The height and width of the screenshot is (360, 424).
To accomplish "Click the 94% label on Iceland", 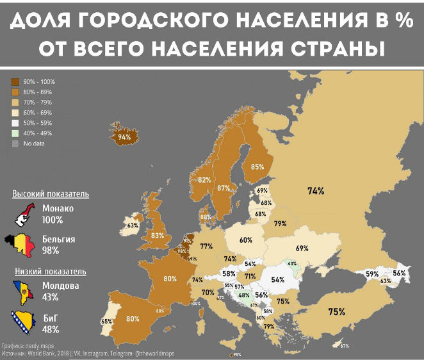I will point(124,137).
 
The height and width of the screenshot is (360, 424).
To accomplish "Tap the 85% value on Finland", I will point(257,167).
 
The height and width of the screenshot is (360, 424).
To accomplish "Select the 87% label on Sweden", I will point(224,188).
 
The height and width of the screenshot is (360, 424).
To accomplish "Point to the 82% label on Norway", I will point(204,180).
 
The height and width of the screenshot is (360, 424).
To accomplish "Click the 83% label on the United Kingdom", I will point(158,236).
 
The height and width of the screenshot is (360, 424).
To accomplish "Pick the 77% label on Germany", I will point(206,247).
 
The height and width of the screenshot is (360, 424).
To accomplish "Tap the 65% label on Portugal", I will point(106,321).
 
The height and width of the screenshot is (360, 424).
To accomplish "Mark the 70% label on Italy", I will point(208,292).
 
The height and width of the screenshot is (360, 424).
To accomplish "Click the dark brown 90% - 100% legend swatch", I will point(15,82).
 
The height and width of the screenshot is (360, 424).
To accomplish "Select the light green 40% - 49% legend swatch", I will point(15,133).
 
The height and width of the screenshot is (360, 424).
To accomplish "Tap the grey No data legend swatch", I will point(15,143).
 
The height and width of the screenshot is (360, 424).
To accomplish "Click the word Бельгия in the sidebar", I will point(58,239).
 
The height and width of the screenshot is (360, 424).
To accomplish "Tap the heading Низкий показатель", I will point(49,272).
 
